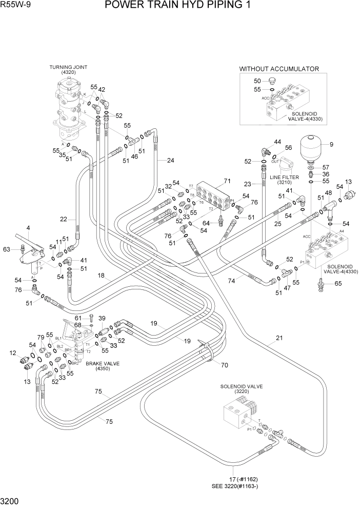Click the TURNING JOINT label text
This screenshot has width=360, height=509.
68,67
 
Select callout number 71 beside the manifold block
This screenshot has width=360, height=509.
228,181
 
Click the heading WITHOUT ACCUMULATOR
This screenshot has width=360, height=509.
279,69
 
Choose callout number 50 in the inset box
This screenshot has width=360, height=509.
257,81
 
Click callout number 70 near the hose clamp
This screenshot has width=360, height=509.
224,365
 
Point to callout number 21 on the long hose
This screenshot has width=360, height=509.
279,338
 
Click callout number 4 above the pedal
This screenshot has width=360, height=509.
28,228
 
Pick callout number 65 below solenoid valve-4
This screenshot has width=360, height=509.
337,283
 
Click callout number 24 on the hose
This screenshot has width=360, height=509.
170,160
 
